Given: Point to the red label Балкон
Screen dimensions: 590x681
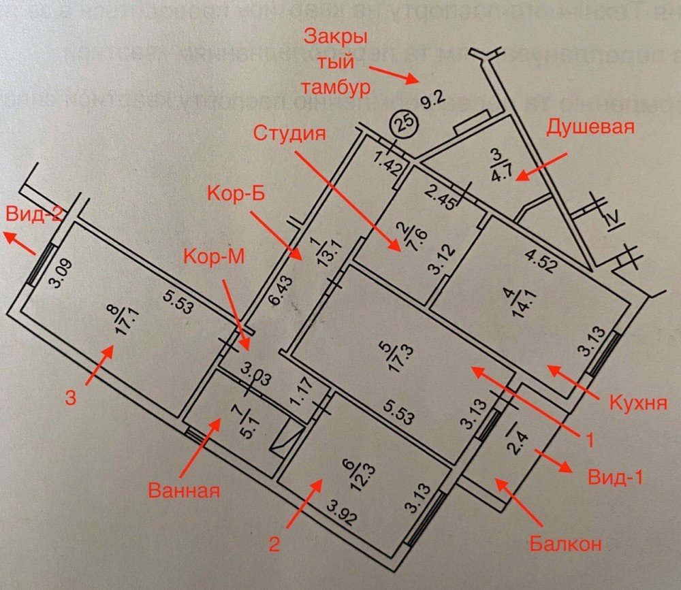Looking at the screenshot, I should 565,544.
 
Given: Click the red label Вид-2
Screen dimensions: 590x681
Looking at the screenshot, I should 35,213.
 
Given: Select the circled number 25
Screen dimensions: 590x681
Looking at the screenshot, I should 402,125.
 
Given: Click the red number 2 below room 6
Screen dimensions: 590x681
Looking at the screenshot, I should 273,544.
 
